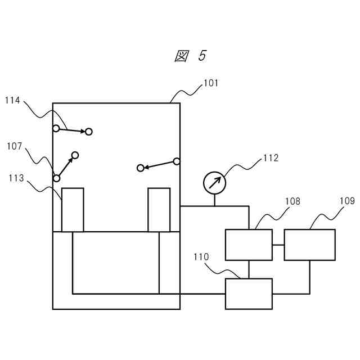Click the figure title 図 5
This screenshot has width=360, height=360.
click(191, 56)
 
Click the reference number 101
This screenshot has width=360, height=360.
click(211, 83)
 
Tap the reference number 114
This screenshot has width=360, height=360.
click(13, 101)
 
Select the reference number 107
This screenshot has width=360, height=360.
click(15, 147)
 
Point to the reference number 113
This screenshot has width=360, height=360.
click(16, 178)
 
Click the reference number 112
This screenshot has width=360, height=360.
click(271, 158)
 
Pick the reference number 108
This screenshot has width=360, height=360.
click(292, 201)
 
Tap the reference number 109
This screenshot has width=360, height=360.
click(346, 200)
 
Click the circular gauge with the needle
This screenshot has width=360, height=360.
click(214, 183)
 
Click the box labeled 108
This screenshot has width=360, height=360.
click(249, 245)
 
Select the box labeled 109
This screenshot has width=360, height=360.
click(309, 245)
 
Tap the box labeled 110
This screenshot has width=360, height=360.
click(249, 294)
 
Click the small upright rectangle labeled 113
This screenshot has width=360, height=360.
click(73, 210)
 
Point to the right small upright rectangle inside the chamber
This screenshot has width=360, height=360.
click(159, 210)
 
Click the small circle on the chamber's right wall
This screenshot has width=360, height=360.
click(177, 161)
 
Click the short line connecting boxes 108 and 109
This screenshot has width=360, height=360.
click(278, 245)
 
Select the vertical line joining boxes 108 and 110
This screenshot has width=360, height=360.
click(249, 269)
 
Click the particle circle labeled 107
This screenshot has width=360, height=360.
click(56, 178)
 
